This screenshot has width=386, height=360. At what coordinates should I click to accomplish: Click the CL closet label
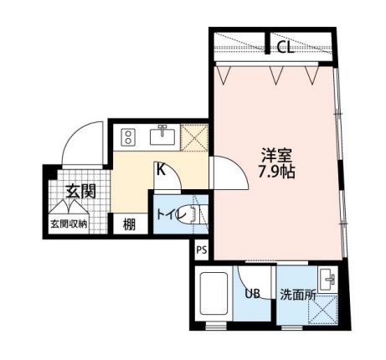(286, 48)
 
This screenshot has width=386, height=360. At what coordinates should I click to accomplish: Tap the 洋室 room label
(276, 155)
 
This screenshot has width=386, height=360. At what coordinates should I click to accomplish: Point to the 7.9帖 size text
(276, 172)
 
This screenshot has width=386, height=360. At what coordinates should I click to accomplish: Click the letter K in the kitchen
(161, 169)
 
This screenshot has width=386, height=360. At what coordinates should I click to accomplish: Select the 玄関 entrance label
(81, 191)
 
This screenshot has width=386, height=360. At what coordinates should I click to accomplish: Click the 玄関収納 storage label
(69, 224)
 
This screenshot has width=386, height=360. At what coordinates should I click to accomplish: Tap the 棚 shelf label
(129, 224)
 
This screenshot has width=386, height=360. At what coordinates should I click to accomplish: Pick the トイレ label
(171, 215)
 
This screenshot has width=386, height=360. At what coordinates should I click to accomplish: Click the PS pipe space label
(202, 249)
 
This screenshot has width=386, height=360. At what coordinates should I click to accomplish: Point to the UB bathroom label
(252, 293)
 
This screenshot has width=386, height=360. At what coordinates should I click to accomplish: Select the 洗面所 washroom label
(298, 295)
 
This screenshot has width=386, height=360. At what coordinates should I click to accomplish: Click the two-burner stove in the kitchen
(128, 137)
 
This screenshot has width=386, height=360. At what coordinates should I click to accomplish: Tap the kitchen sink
(162, 136)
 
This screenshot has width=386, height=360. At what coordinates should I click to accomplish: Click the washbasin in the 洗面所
(327, 280)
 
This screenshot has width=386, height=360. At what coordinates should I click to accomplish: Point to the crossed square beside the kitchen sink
(194, 137)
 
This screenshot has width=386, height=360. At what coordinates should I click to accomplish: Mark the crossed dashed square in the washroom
(323, 309)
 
